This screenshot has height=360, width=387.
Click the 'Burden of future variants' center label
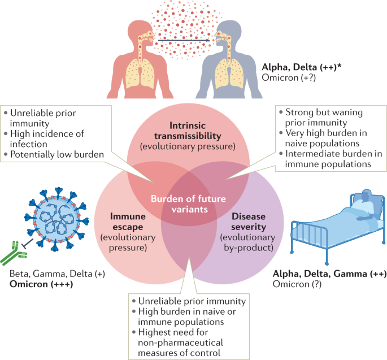coord(188,204)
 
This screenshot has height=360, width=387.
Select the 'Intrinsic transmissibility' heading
coord(188,131)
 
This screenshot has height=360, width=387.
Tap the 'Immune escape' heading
coord(128,222)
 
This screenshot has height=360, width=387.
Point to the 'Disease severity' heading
coord(249,222)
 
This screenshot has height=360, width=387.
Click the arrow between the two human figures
coord(184,40)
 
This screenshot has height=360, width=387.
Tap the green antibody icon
coord(14,253)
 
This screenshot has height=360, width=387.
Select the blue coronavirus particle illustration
coord(56,219)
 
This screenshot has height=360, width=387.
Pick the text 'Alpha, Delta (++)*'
coord(302,67)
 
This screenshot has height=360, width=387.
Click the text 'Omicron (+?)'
coord(289,78)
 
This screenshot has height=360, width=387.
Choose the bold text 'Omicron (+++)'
coord(41,284)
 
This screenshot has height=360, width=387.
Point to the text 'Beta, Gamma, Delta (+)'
coord(57,274)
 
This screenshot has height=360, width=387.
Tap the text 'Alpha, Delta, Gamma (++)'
coord(329,274)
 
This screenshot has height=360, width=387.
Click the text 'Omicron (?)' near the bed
coord(297,284)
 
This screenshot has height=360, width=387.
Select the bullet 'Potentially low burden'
coord(54,154)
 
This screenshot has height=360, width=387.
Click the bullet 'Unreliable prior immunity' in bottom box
coord(189,301)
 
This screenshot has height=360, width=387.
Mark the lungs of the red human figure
coord(140,73)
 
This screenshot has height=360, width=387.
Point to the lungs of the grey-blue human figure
coord(229,73)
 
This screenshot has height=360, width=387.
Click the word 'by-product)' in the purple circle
coord(249,248)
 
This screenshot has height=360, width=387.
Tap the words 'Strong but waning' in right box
coord(321,112)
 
